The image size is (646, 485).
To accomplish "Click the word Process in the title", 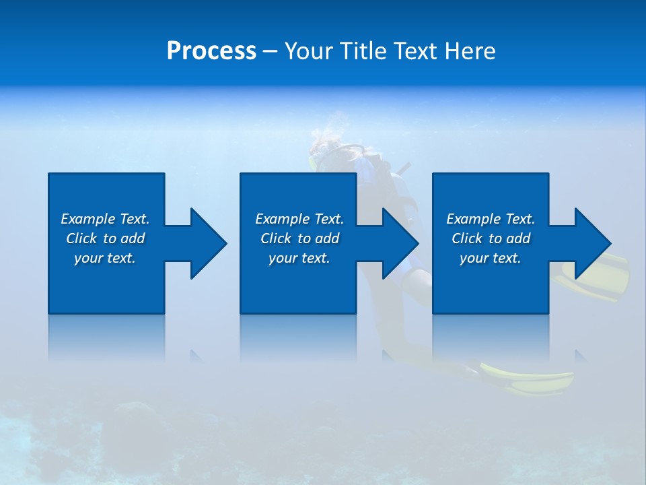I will click(x=211, y=51).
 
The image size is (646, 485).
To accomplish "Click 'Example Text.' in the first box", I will click(x=105, y=219).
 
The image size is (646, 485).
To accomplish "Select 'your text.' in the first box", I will click(x=105, y=258).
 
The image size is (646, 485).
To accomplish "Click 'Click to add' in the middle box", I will click(x=299, y=238).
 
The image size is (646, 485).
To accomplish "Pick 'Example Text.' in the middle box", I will click(x=299, y=219).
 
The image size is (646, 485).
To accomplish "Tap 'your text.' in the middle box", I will click(x=299, y=258).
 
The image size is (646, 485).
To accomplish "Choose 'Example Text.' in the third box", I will click(x=491, y=219).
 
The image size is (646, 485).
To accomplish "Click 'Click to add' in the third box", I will click(x=491, y=238).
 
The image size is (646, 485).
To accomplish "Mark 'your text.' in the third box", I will click(x=491, y=258).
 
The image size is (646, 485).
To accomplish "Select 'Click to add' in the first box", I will click(x=105, y=238).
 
